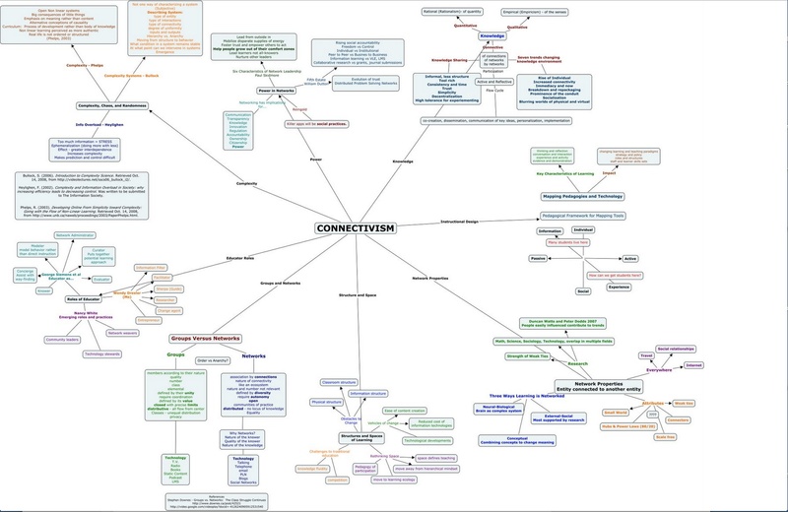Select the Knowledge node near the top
[x=492, y=35]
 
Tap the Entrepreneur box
[x=137, y=320]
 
